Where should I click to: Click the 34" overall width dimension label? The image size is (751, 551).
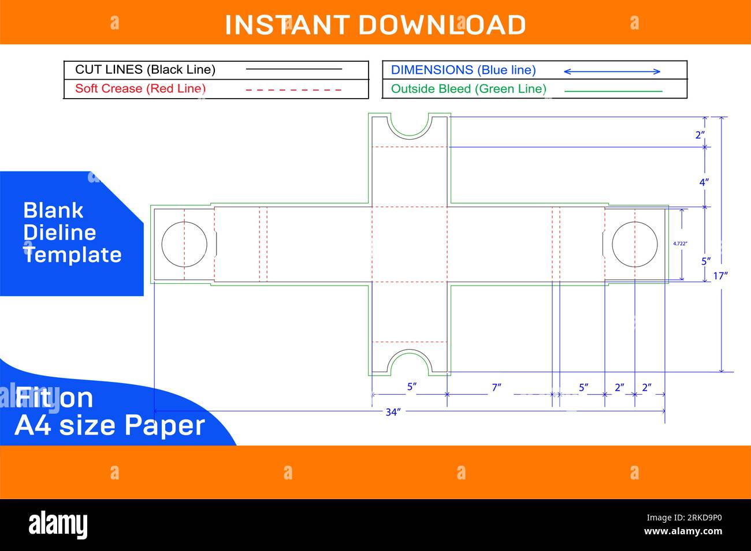click(393, 412)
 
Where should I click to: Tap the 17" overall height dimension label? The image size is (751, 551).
click(720, 276)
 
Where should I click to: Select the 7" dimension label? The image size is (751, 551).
click(497, 387)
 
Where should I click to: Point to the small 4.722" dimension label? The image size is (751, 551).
click(680, 243)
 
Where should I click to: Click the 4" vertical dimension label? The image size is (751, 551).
click(704, 182)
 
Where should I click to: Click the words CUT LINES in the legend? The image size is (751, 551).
click(109, 70)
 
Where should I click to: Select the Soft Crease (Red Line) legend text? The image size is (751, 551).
click(140, 89)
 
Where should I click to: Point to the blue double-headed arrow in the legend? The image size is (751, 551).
click(612, 72)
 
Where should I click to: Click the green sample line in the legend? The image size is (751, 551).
click(614, 91)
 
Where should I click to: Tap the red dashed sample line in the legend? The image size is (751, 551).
click(293, 90)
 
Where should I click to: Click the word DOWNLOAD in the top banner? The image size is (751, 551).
click(442, 25)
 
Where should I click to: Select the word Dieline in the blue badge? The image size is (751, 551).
click(60, 233)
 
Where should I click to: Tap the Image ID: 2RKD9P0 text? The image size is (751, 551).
click(685, 518)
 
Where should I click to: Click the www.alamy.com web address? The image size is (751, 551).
click(683, 531)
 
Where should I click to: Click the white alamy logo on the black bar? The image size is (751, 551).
click(58, 524)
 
